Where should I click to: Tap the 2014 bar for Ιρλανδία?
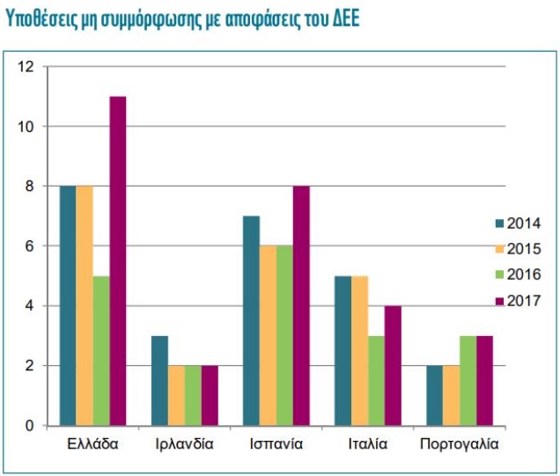pos(159,380)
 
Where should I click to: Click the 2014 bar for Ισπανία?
pos(251,320)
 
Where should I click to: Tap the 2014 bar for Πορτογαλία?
pos(434,395)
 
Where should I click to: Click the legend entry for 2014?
pos(517,223)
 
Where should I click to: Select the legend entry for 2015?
pos(517,249)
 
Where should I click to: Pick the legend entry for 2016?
pos(517,275)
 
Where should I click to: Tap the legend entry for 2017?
pos(517,300)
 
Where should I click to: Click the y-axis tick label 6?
pos(28,246)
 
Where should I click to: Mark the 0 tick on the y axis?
pos(28,426)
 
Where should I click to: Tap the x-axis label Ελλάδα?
pos(92,444)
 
